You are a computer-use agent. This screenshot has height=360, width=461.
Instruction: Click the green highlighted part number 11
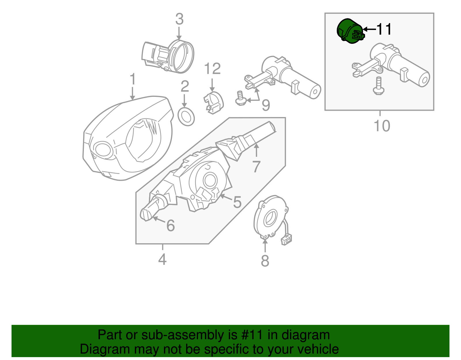(349, 31)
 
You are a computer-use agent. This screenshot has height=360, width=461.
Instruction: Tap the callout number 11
(384, 29)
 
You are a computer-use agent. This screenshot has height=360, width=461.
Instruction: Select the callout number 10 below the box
(382, 126)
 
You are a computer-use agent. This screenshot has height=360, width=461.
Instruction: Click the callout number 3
(179, 19)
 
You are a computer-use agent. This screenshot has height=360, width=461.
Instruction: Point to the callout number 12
(212, 69)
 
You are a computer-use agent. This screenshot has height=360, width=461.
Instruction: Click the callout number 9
(266, 105)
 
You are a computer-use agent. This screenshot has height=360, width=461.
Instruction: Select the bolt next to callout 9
(240, 98)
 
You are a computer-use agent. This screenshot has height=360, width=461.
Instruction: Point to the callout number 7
(256, 166)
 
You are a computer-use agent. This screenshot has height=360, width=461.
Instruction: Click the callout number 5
(237, 202)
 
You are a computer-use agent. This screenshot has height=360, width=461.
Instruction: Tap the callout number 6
(171, 225)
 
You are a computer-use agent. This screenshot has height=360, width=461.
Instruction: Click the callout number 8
(265, 261)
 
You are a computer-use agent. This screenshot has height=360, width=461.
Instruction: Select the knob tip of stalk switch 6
(145, 215)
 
